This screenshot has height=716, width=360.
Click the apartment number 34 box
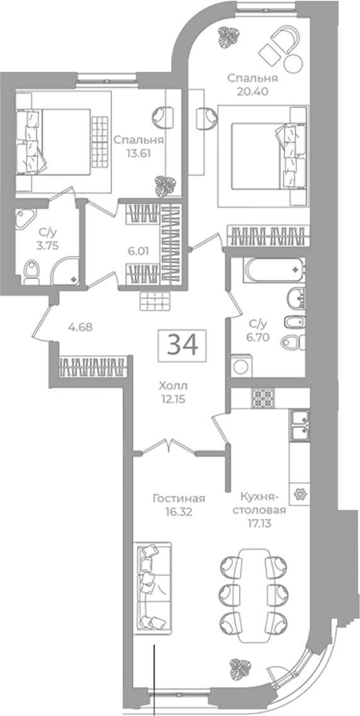point(183,345)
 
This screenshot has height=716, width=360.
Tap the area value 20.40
point(252,91)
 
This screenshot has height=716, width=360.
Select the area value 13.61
point(138,152)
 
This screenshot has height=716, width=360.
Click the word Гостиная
point(179,499)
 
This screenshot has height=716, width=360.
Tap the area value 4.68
point(80,327)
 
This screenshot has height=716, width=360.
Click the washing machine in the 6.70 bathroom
point(241,366)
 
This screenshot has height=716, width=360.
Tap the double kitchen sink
point(299,425)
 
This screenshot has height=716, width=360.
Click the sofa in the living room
point(152,588)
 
